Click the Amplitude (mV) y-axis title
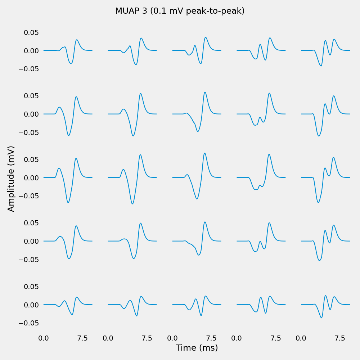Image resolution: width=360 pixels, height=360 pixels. pyautogui.click(x=11, y=179)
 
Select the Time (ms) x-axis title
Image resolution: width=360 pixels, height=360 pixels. pyautogui.click(x=197, y=348)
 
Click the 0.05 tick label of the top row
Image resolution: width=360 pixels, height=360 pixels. pyautogui.click(x=31, y=32)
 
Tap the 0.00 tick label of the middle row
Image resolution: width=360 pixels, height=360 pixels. pyautogui.click(x=31, y=178)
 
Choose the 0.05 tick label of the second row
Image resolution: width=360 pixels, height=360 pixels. pyautogui.click(x=31, y=96)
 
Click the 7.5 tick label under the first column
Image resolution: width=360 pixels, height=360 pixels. pyautogui.click(x=82, y=338)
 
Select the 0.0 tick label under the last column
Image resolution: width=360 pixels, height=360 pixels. pyautogui.click(x=301, y=338)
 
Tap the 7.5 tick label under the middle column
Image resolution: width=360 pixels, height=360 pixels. pyautogui.click(x=211, y=338)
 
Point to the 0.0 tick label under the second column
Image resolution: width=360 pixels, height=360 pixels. pyautogui.click(x=108, y=338)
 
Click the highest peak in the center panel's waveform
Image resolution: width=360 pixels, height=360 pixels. pyautogui.click(x=205, y=153)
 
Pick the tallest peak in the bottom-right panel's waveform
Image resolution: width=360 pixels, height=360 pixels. pyautogui.click(x=325, y=296)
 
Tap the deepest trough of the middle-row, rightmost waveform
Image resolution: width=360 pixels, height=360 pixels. pyautogui.click(x=318, y=202)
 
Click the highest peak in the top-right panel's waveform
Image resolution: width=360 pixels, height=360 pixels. pyautogui.click(x=334, y=39)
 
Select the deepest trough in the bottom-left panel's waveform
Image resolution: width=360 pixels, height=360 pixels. pyautogui.click(x=72, y=315)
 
